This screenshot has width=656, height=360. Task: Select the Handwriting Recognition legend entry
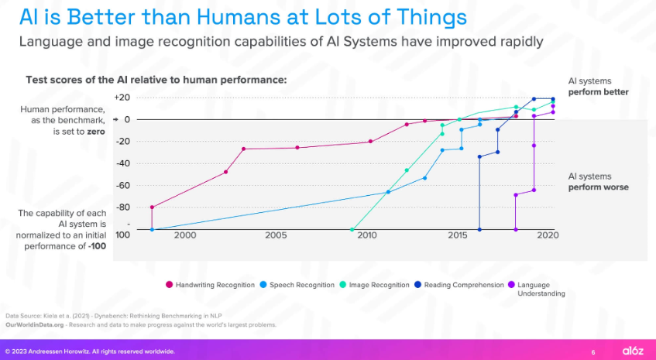tap(214, 285)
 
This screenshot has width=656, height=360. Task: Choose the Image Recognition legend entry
tap(378, 285)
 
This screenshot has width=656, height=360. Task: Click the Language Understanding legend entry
tap(540, 289)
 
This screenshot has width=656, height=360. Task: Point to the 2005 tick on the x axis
tap(276, 235)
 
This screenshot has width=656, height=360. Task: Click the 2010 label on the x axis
tap(367, 235)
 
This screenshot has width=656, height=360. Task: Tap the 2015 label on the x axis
tap(457, 235)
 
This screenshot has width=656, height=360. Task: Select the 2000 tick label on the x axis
tap(184, 235)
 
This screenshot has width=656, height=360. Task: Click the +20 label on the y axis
tap(121, 98)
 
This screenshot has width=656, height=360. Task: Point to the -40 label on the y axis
tap(122, 163)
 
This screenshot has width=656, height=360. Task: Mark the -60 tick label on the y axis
tap(122, 185)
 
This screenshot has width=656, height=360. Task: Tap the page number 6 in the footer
tap(593, 351)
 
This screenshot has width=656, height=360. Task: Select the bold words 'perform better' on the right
tap(599, 92)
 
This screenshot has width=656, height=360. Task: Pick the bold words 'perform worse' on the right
tap(599, 187)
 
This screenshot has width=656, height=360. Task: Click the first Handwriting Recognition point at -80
tap(152, 207)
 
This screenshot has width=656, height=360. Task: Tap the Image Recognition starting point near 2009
tap(352, 229)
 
